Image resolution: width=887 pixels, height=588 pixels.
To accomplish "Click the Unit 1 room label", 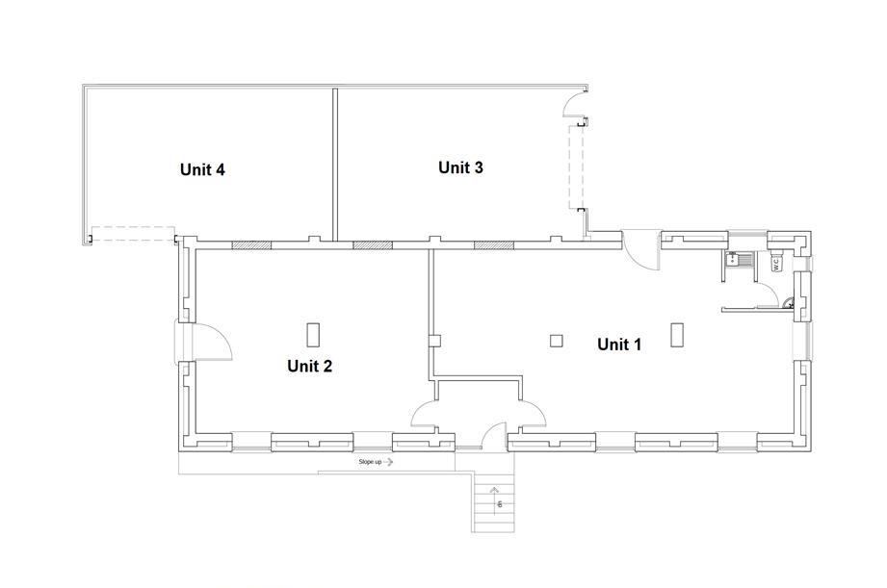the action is coord(619,345).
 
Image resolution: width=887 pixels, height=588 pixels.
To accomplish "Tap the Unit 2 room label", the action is coord(309,367).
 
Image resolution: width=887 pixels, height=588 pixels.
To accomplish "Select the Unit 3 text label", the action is coord(460,167).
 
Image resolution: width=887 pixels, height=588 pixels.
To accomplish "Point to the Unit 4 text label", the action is coord(202,169).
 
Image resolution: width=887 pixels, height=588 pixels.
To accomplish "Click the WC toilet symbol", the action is coord(776,263).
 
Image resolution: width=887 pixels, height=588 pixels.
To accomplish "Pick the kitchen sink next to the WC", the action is coord(740,260).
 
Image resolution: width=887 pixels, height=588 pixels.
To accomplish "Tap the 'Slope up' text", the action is coord(370,462).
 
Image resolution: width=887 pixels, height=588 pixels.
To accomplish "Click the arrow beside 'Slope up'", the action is coord(388,462).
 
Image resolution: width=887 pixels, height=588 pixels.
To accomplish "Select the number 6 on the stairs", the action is coord(500,503).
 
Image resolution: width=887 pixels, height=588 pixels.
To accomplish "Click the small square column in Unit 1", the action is coord(557,341).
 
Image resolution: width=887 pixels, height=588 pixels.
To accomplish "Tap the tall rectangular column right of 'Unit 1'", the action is coord(676,334).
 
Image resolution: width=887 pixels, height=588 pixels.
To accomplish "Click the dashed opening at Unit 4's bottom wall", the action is coord(133,234).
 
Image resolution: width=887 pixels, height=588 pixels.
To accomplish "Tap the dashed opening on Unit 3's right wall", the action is coord(577,166).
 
